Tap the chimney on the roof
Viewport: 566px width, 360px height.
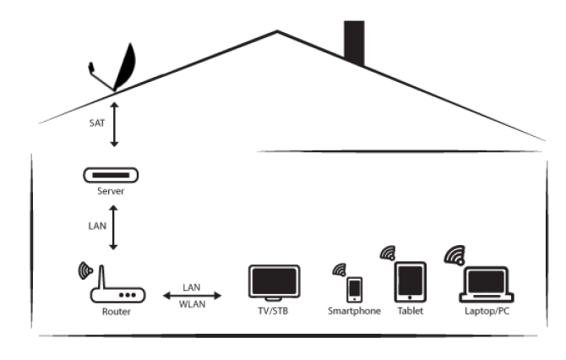pyautogui.click(x=354, y=42)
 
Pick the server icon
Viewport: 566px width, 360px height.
pyautogui.click(x=111, y=176)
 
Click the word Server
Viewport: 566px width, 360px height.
pyautogui.click(x=111, y=192)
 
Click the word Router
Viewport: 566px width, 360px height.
pyautogui.click(x=116, y=312)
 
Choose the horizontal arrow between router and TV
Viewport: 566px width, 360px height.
pyautogui.click(x=193, y=295)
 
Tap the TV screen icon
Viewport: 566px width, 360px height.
pyautogui.click(x=274, y=281)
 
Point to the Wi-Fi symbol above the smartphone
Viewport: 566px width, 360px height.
pyautogui.click(x=340, y=270)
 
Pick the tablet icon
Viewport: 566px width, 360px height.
pyautogui.click(x=411, y=282)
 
